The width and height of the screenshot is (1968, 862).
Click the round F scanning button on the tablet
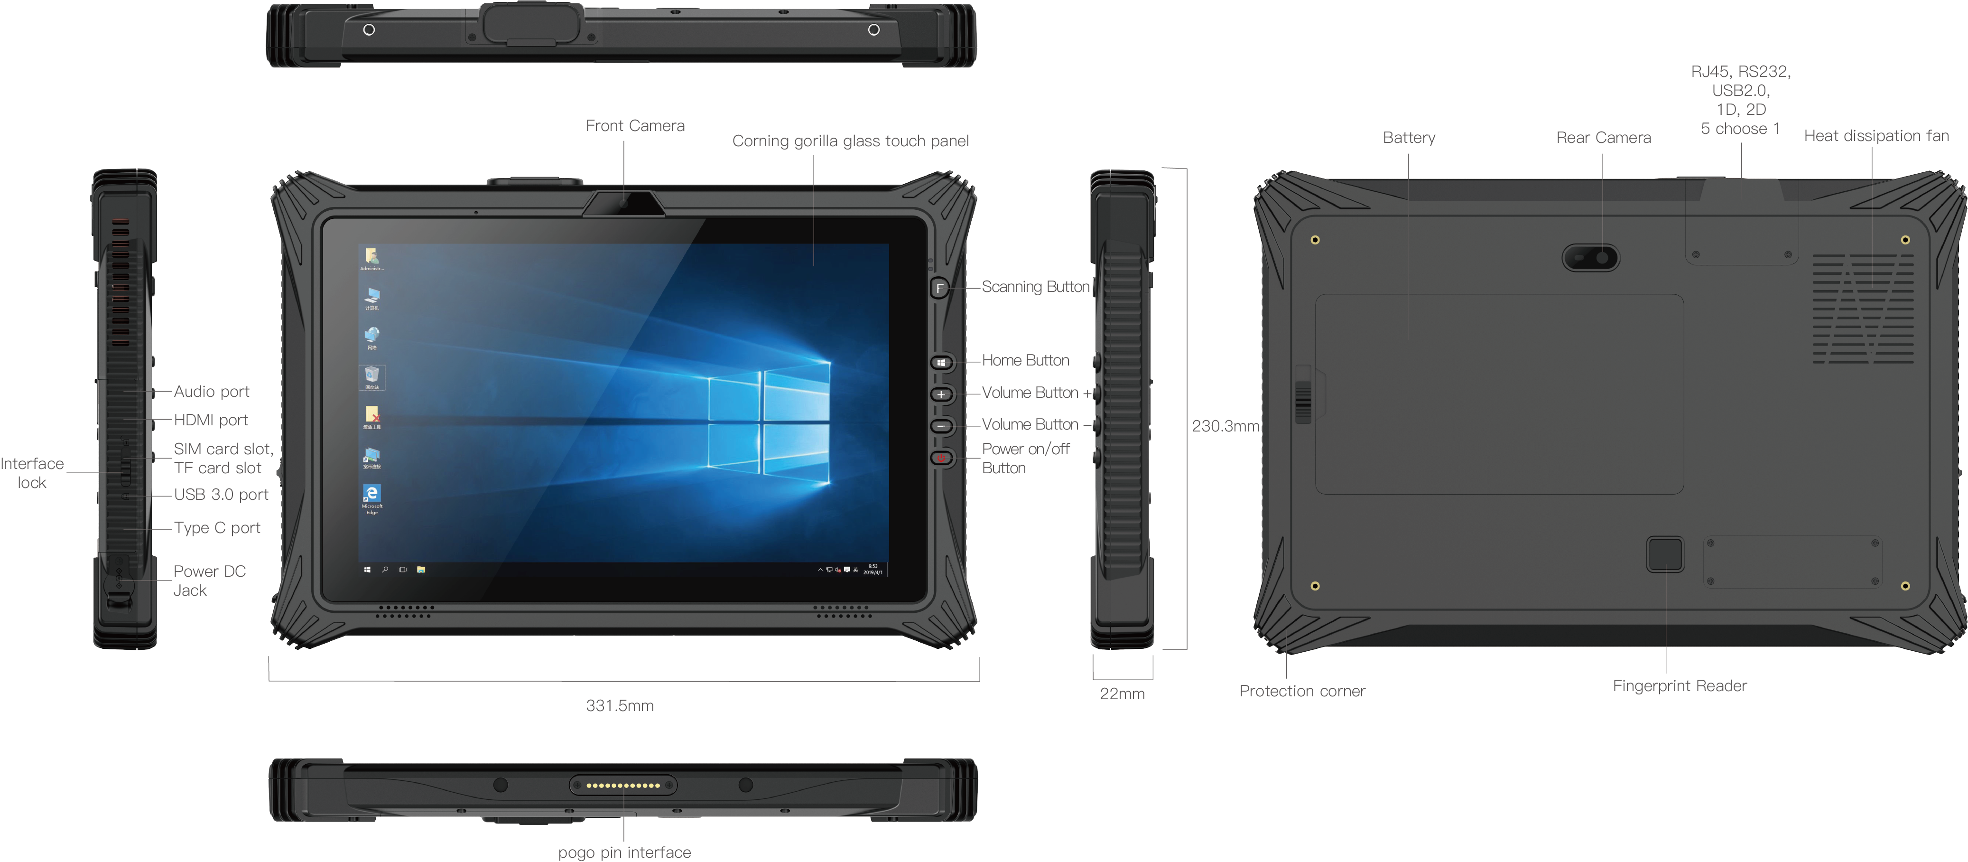pyautogui.click(x=940, y=288)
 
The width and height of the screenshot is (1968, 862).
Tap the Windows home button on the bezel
pyautogui.click(x=941, y=362)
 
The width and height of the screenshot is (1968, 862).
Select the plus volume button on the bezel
pyautogui.click(x=941, y=394)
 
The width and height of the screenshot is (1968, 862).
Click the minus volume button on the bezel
pyautogui.click(x=941, y=426)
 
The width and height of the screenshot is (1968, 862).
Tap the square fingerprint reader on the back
pyautogui.click(x=1665, y=554)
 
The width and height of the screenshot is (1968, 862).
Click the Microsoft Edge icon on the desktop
pyautogui.click(x=372, y=495)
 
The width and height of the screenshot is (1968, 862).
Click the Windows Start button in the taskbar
pyautogui.click(x=368, y=569)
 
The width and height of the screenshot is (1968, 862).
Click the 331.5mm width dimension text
pyautogui.click(x=620, y=705)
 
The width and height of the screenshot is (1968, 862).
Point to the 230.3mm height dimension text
pyautogui.click(x=1225, y=426)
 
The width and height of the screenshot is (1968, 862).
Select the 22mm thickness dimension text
pyautogui.click(x=1122, y=693)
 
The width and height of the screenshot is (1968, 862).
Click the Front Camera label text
pyautogui.click(x=635, y=125)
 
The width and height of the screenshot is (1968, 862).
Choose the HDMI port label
pyautogui.click(x=211, y=420)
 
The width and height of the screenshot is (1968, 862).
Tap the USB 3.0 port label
pyautogui.click(x=221, y=495)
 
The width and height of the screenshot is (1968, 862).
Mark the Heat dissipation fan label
pyautogui.click(x=1875, y=135)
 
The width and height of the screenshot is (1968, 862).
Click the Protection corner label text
pyautogui.click(x=1302, y=691)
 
